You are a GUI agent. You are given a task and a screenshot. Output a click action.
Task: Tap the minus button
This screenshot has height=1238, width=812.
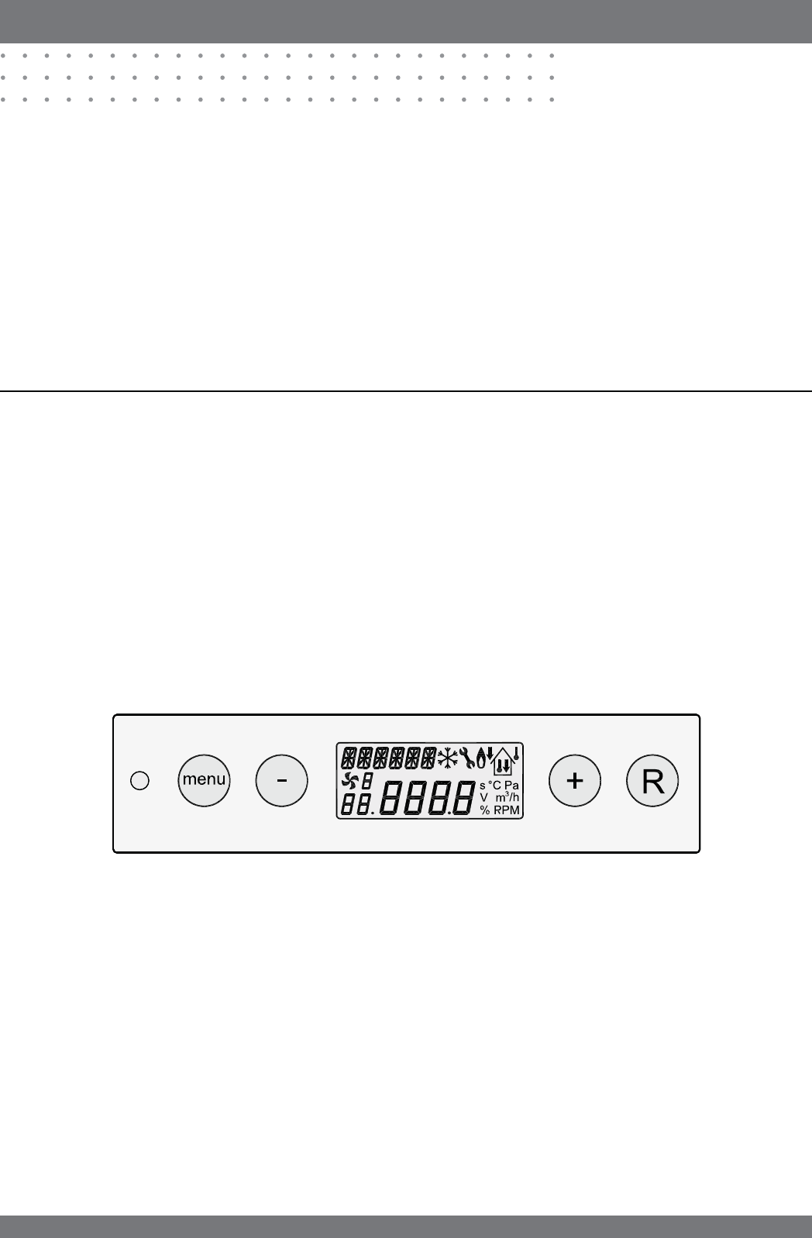click(281, 781)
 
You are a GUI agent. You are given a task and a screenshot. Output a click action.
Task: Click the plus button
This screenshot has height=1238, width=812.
click(574, 781)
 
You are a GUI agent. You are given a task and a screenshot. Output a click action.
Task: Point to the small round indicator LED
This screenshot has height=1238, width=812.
click(139, 781)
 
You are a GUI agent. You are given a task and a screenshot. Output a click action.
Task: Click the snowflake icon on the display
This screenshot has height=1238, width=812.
click(447, 758)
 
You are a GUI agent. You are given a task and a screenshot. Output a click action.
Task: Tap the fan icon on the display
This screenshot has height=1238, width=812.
click(351, 782)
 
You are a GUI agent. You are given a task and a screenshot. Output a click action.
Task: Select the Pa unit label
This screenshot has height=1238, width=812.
click(511, 785)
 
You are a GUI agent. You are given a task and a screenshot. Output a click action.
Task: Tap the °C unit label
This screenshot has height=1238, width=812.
click(494, 785)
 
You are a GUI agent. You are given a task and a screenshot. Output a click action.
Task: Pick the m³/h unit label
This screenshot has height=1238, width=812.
click(507, 797)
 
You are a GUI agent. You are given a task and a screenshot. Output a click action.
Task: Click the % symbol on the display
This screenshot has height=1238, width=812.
click(484, 810)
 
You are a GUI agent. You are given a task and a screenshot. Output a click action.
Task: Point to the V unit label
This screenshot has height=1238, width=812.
click(483, 797)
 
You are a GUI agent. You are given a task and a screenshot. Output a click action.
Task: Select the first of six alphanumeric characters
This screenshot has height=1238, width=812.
click(349, 757)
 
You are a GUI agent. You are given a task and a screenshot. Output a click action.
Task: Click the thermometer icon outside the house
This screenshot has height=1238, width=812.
click(516, 754)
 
